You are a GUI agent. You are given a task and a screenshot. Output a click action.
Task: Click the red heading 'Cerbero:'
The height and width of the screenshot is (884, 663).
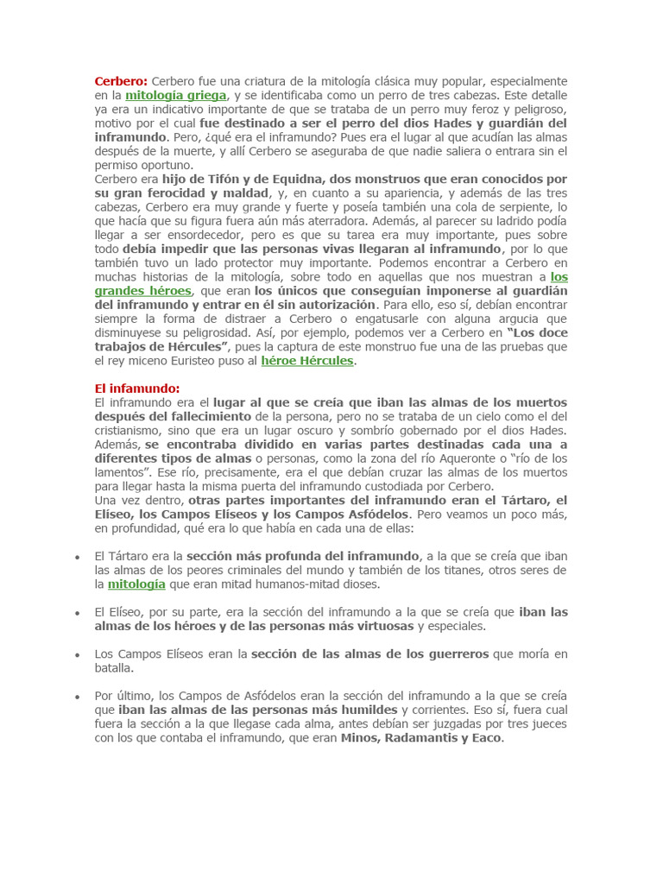tap(121, 81)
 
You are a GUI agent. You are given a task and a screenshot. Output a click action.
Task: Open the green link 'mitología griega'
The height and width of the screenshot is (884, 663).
tap(175, 95)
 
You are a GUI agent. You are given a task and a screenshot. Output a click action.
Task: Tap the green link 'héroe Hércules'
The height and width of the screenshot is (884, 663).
tap(307, 361)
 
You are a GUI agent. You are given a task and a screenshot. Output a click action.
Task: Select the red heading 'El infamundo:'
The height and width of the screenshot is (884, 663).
tap(136, 388)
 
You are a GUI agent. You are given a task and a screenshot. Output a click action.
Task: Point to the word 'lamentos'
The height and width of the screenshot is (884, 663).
tap(120, 471)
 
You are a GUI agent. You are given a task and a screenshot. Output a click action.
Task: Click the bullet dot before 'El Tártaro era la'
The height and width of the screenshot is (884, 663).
tap(77, 557)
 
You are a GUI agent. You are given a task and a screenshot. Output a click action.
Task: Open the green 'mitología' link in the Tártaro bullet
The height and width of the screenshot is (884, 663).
tap(136, 584)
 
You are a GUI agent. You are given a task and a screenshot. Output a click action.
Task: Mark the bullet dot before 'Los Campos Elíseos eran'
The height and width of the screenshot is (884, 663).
tap(77, 654)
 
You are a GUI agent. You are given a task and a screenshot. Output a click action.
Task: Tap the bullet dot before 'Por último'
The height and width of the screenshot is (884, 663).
tap(77, 696)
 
